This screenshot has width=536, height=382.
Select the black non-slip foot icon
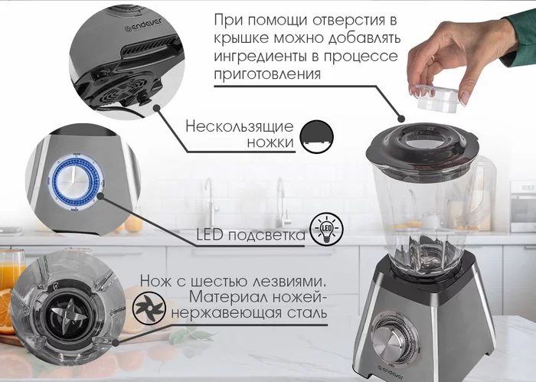pyautogui.click(x=316, y=135)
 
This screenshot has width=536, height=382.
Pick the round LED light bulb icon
pyautogui.click(x=325, y=230)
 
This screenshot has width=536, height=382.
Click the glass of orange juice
pyautogui.click(x=10, y=272)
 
